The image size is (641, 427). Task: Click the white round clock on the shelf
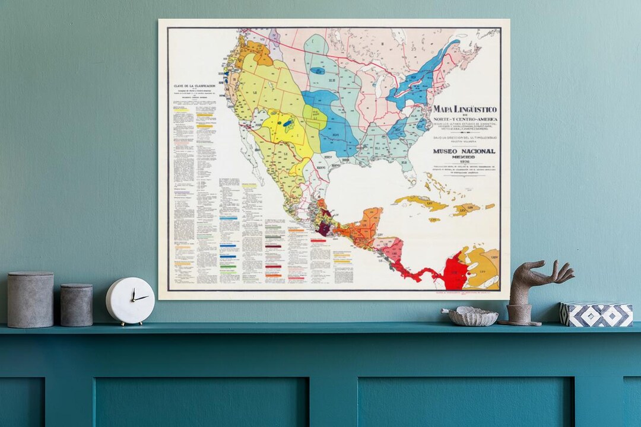point(130,301)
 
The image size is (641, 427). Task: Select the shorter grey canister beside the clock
point(77,305)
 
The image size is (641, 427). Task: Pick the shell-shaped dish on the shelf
point(470,317)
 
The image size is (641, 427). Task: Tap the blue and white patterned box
point(596,314)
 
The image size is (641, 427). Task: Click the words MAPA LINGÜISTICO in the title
point(465,110)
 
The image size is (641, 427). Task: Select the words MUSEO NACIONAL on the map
point(464,151)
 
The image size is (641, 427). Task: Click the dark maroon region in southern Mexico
point(325,229)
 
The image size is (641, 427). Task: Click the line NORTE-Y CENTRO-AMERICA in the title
point(465,119)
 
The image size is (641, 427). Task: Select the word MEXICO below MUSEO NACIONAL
point(464,157)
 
